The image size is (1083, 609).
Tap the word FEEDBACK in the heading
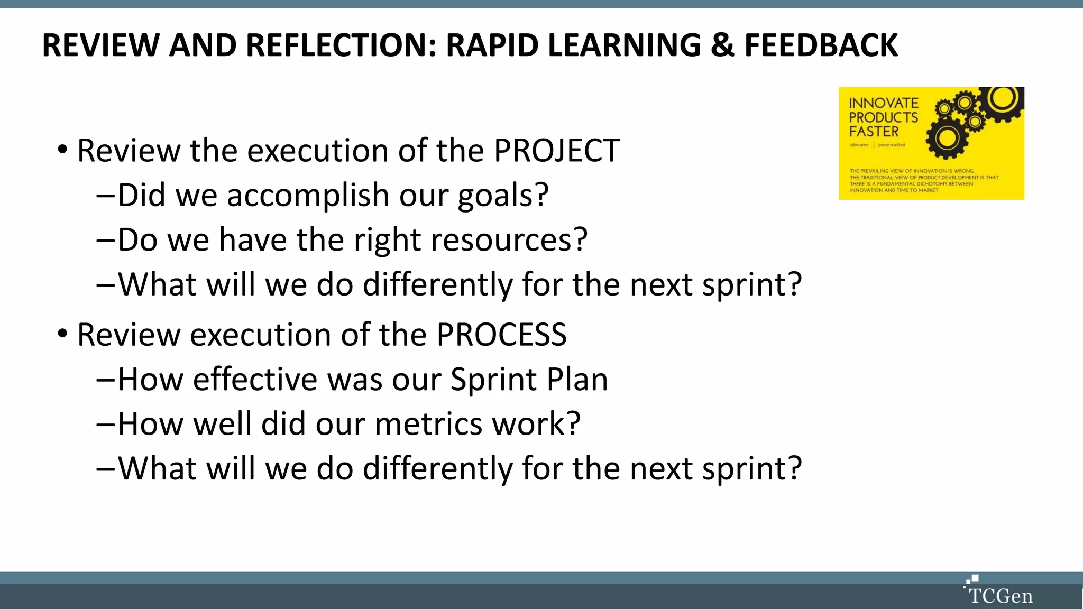[x=821, y=45]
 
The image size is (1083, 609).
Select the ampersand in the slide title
[x=722, y=45]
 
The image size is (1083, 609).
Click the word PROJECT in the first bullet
[x=556, y=151]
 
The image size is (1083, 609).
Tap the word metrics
[x=428, y=424]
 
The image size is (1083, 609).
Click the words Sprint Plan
[x=529, y=380]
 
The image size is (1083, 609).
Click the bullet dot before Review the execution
[x=63, y=150]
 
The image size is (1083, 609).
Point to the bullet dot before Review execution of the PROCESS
[x=63, y=334]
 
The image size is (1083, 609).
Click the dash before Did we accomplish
[x=105, y=196]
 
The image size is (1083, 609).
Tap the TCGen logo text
[x=1001, y=596]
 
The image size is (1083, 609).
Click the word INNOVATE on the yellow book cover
[x=883, y=103]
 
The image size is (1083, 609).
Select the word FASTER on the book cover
[x=874, y=132]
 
